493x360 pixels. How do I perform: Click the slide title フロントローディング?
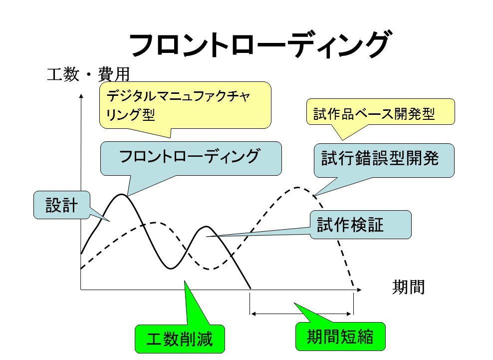click(x=259, y=44)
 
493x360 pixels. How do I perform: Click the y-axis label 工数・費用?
click(x=88, y=74)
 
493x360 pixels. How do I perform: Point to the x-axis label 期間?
click(x=409, y=287)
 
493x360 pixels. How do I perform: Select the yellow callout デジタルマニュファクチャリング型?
click(x=185, y=105)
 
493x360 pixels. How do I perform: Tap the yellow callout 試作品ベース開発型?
click(x=380, y=112)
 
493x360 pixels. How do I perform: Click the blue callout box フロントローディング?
click(x=191, y=158)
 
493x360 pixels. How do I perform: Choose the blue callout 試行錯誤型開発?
click(x=384, y=160)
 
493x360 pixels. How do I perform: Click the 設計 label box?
click(x=62, y=205)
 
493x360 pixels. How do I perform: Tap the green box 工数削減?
click(x=180, y=339)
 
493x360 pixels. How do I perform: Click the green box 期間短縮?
click(x=340, y=337)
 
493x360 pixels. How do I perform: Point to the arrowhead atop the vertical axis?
click(x=81, y=96)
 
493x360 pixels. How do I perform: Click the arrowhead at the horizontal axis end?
click(x=359, y=290)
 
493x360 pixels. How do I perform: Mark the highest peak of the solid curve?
click(x=121, y=194)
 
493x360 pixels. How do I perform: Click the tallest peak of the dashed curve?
click(x=297, y=188)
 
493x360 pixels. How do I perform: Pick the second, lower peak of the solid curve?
click(x=206, y=227)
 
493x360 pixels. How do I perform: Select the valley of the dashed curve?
click(x=211, y=269)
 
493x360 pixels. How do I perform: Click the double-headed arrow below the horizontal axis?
click(x=301, y=314)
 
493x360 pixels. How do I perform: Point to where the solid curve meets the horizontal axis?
click(x=250, y=289)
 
